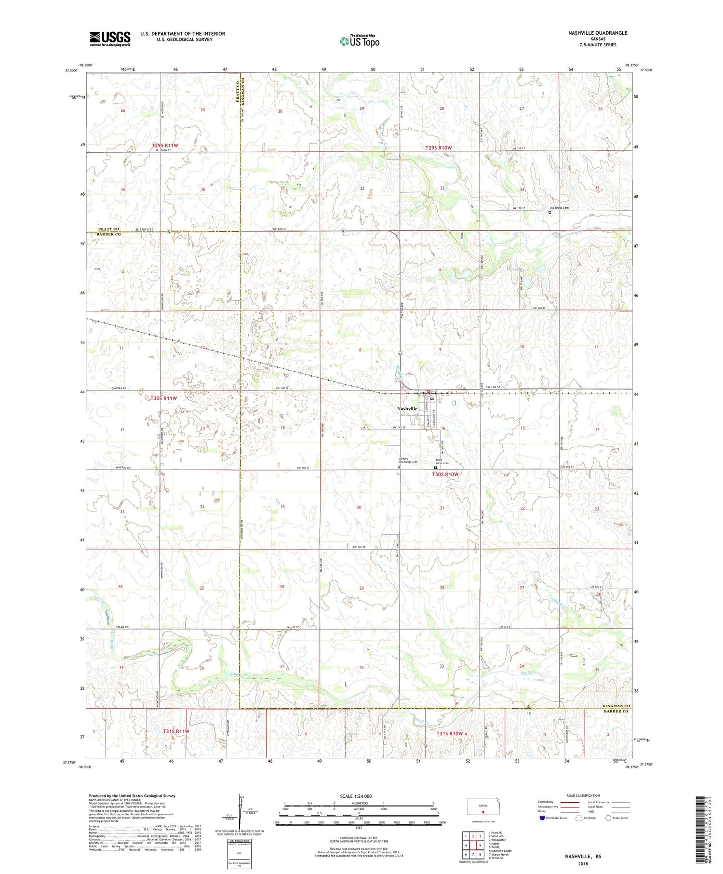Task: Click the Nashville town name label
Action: tap(407, 408)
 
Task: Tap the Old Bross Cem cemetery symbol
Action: tap(549, 212)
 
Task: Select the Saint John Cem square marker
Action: tap(435, 468)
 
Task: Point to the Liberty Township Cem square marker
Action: tap(399, 467)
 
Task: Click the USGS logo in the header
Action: tap(110, 39)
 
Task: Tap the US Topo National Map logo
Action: tap(359, 41)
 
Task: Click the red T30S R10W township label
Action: tap(445, 474)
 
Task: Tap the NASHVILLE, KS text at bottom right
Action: tap(583, 857)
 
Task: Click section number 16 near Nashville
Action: tap(442, 429)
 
